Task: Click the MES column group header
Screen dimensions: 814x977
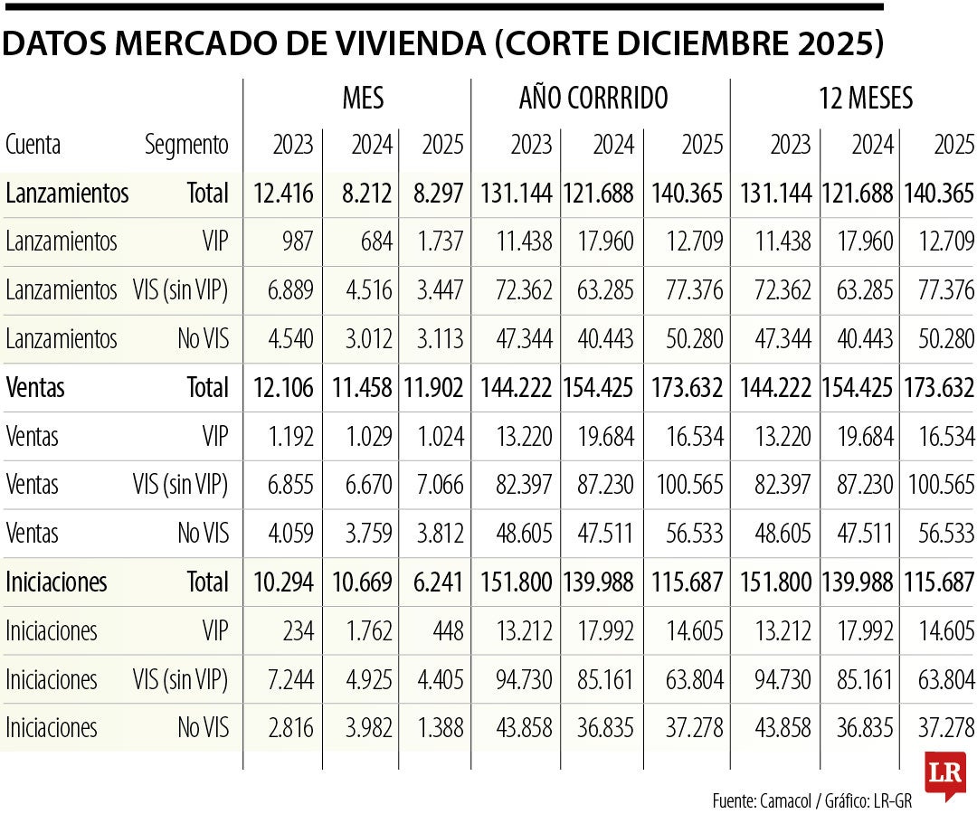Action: [363, 98]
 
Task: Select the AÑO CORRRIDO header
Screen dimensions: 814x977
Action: [593, 98]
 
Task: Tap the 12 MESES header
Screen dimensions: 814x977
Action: [865, 98]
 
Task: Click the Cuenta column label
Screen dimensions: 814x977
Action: [33, 145]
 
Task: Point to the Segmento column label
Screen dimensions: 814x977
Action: [186, 145]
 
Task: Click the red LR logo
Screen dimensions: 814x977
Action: [944, 774]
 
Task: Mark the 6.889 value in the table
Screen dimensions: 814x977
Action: [288, 290]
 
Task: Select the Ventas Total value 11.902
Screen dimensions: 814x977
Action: [432, 388]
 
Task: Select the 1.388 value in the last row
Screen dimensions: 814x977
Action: [436, 728]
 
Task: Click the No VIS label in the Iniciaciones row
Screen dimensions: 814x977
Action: [204, 728]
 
